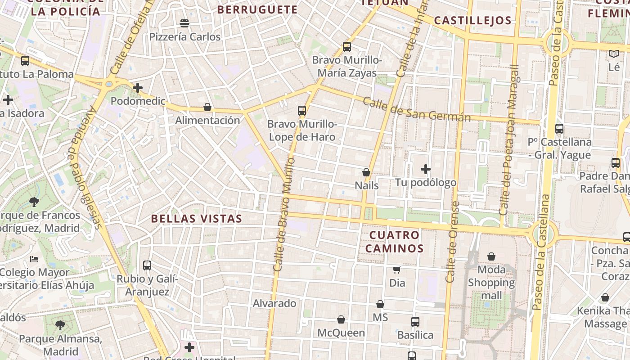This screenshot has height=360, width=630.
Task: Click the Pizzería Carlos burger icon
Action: click(x=184, y=23)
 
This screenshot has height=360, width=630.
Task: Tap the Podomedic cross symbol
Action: click(x=138, y=87)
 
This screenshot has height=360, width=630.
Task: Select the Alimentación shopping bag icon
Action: click(x=207, y=107)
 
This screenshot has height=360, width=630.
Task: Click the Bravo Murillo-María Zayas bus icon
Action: click(x=346, y=46)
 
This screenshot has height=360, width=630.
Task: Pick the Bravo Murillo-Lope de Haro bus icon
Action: click(x=302, y=110)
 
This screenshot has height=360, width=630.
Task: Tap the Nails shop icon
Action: click(x=366, y=172)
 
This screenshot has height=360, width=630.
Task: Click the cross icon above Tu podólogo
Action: click(x=426, y=169)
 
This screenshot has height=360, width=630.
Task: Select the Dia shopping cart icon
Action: click(x=397, y=270)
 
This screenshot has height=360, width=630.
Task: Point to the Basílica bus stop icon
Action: click(x=415, y=322)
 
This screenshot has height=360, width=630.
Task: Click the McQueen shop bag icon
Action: click(x=341, y=319)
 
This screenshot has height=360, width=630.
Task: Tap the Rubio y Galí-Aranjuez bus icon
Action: click(x=147, y=265)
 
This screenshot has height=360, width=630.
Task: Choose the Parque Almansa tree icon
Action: click(x=60, y=325)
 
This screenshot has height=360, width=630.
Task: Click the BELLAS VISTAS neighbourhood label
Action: click(x=197, y=219)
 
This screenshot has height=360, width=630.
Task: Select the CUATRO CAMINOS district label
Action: click(x=395, y=242)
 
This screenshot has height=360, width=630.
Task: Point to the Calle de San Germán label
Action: click(x=417, y=110)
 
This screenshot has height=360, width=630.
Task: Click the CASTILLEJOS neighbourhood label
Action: click(x=473, y=21)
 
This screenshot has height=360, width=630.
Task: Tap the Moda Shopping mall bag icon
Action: click(x=491, y=256)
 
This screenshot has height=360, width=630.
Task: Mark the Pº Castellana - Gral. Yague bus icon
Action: click(x=559, y=129)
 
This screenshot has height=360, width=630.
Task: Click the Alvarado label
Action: click(x=274, y=303)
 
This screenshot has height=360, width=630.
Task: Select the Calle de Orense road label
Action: click(x=453, y=243)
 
